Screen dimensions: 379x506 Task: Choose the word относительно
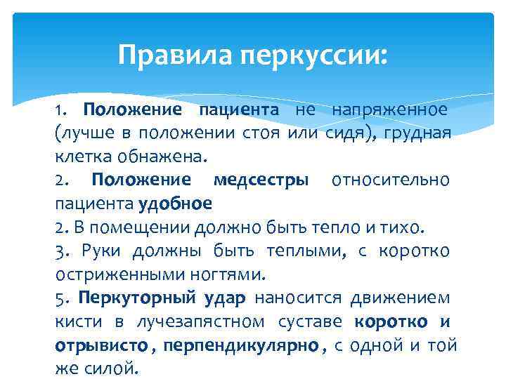[390, 180]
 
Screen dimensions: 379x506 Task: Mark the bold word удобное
[175, 204]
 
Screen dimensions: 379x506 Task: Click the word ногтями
[220, 274]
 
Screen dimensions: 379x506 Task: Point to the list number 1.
[60, 110]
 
